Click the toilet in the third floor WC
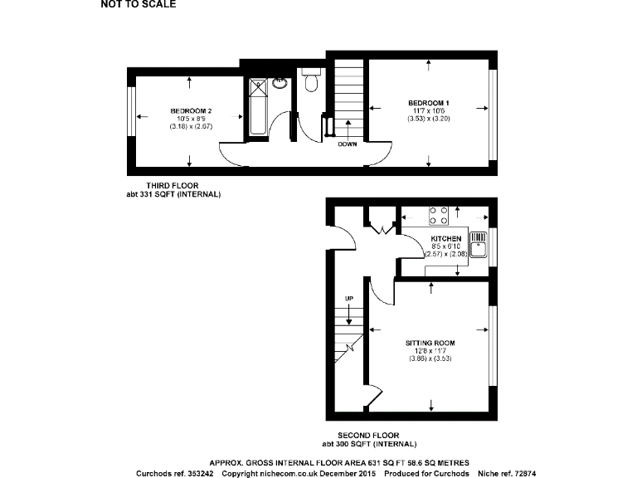(311, 81)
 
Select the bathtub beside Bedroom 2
(256, 109)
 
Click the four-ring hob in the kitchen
(439, 216)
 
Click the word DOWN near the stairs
(348, 144)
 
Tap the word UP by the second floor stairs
(349, 298)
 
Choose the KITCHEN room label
(445, 239)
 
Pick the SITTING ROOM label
(430, 342)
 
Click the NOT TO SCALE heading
(138, 4)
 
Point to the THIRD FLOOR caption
(173, 185)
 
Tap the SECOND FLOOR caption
(368, 435)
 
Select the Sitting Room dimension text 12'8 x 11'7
(430, 350)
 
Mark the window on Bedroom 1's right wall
(493, 115)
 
